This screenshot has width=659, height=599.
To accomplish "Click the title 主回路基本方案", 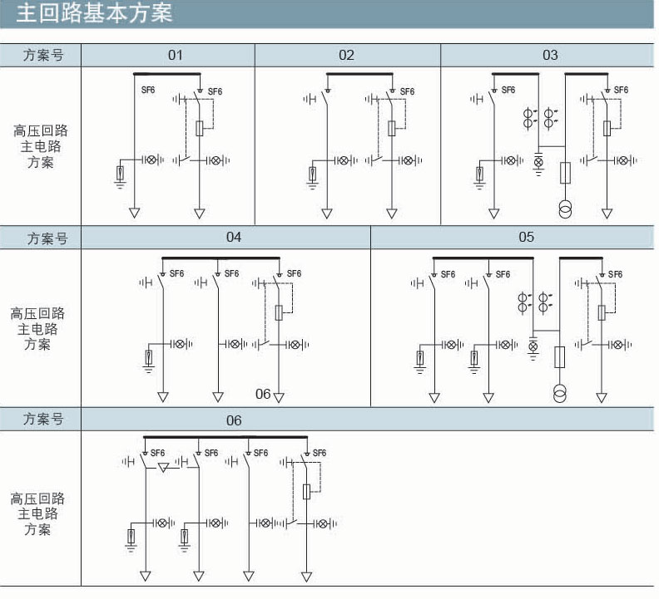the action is [94, 12].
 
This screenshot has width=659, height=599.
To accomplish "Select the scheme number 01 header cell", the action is [176, 55].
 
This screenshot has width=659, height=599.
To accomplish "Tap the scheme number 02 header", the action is [346, 55].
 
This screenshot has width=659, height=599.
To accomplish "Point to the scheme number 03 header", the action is [550, 55].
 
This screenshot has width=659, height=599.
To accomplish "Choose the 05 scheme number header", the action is [526, 237].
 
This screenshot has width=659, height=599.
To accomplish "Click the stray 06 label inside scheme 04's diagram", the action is [263, 394].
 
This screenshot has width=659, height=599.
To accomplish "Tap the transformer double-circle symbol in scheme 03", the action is [565, 209].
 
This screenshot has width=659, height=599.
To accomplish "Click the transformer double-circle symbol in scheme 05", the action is [559, 393].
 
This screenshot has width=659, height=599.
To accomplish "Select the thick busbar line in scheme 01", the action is [167, 74].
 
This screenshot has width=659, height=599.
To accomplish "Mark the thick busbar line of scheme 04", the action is [220, 258].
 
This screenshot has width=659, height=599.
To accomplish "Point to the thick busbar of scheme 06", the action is [225, 437].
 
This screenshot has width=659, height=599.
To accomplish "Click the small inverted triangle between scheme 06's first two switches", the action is [163, 467].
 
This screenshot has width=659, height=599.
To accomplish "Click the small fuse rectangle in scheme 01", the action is [200, 129].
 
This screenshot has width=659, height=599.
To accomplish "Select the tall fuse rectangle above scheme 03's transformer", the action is [565, 173].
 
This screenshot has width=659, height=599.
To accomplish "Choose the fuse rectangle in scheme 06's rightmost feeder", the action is [306, 492].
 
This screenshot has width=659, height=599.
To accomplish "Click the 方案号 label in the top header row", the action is [43, 55].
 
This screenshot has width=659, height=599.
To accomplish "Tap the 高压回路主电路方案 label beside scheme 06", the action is [37, 513].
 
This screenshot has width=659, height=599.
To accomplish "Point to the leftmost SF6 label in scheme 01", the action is [148, 90].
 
